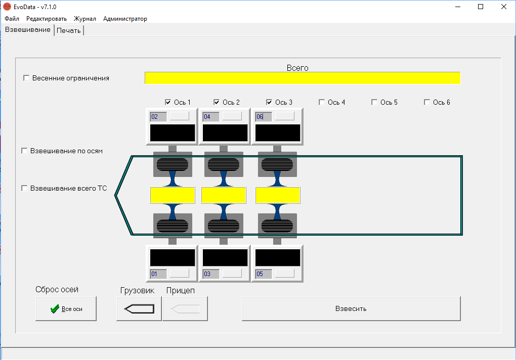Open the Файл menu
[x=12, y=19]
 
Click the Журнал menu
[x=85, y=19]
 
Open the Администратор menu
[x=125, y=19]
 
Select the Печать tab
[x=69, y=30]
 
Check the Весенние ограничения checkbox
[x=26, y=78]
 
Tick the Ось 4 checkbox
[x=322, y=102]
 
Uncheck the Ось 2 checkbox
[x=216, y=102]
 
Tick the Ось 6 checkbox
[x=427, y=102]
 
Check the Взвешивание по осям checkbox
[x=24, y=151]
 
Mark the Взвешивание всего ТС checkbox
[x=24, y=188]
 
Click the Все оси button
[x=66, y=309]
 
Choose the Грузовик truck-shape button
[x=139, y=309]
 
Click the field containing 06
[x=264, y=116]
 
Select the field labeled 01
[x=158, y=274]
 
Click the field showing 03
[x=211, y=274]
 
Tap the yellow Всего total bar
[x=303, y=78]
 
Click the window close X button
[x=503, y=7]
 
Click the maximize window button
[x=481, y=7]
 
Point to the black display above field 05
[x=278, y=257]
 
